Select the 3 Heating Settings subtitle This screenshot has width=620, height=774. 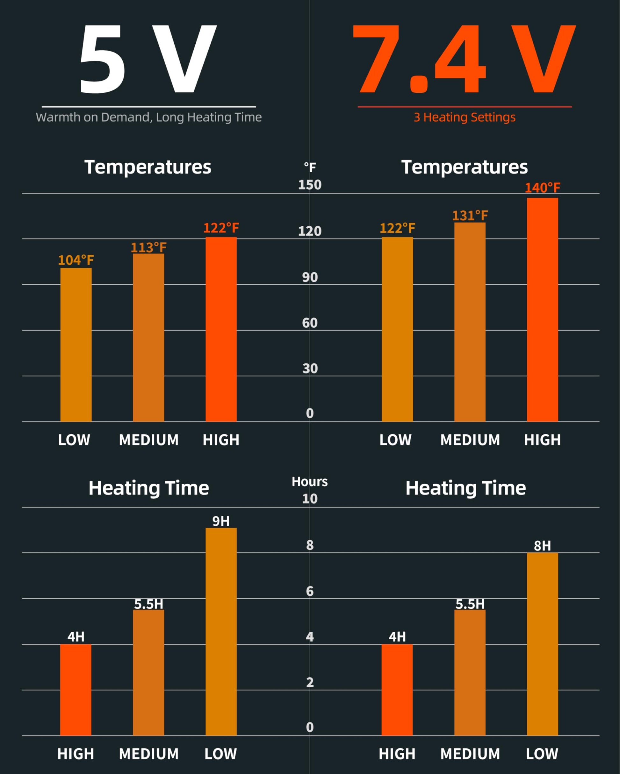coord(465,117)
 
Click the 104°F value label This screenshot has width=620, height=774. coord(76,260)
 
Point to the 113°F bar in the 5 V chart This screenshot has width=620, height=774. coord(148,337)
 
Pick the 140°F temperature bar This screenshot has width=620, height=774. coord(542,309)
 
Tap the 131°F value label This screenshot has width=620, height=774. coord(470,216)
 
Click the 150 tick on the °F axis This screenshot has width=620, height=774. coord(310,185)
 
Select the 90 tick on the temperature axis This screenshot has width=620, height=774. coord(310,277)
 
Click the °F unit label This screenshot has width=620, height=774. coord(310,167)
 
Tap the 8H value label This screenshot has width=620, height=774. coord(542,546)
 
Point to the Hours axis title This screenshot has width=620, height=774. coord(310,482)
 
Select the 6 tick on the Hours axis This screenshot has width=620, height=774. coord(310,591)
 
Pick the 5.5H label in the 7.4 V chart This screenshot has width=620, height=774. coord(470,604)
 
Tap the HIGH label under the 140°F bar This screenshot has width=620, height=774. coord(542,440)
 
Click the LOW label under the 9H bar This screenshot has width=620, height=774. coord(220,754)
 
